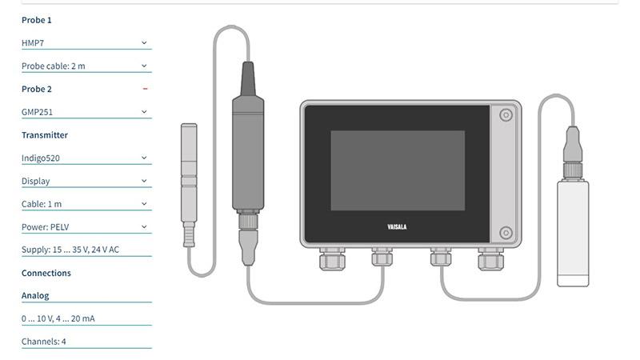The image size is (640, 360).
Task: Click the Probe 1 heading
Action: click(x=36, y=20)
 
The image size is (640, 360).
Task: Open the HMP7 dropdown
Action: click(x=86, y=43)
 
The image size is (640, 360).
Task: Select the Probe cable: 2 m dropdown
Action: click(x=86, y=66)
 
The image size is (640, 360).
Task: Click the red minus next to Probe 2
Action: click(x=145, y=89)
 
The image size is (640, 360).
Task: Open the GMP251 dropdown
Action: click(x=86, y=112)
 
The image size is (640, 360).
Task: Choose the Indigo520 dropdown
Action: click(x=86, y=158)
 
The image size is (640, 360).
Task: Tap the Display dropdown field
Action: click(x=86, y=181)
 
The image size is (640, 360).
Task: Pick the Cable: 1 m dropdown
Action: click(x=86, y=204)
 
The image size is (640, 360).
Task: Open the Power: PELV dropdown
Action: click(x=86, y=227)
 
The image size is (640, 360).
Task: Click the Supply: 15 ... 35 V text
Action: click(x=70, y=250)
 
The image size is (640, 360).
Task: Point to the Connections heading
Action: click(x=46, y=273)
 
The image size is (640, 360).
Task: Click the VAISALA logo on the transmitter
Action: click(x=397, y=227)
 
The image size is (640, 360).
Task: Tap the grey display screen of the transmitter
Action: click(x=397, y=170)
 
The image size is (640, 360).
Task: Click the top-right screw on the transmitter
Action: click(x=506, y=116)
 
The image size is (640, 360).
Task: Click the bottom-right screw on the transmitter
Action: click(x=506, y=233)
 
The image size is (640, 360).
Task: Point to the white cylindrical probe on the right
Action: click(x=573, y=232)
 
